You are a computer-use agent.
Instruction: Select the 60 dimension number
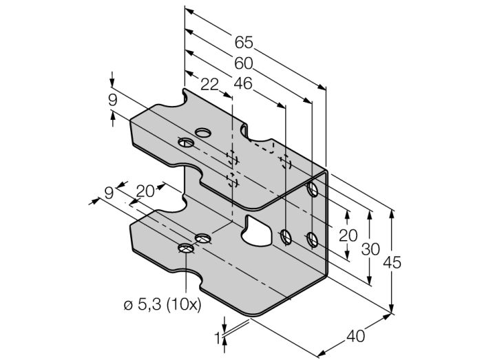point(243,63)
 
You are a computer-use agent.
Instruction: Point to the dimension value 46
point(243,84)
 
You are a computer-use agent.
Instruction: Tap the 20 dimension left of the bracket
point(145,192)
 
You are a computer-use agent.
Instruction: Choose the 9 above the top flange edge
point(112,100)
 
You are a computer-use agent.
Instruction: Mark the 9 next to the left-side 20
point(108,193)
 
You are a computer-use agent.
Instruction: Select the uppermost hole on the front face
point(313,187)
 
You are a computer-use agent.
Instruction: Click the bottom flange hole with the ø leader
point(185,248)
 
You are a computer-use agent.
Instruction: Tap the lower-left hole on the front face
point(286,237)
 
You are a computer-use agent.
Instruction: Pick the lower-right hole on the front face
point(313,240)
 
